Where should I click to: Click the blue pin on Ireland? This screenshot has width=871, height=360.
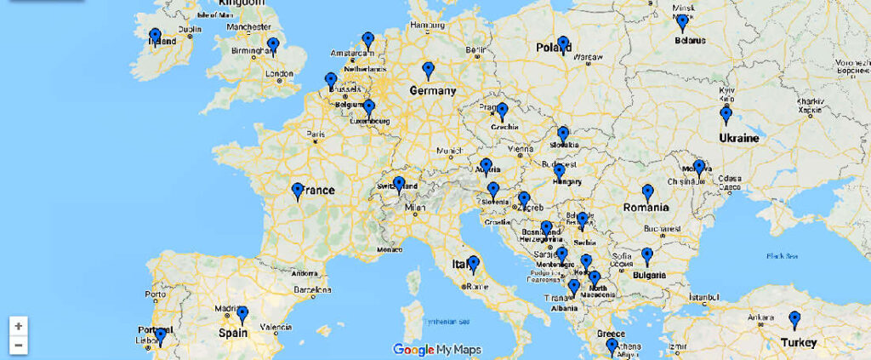point(155,37)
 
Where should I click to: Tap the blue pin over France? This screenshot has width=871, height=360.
point(297,191)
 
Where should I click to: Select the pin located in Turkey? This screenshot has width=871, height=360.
point(794,319)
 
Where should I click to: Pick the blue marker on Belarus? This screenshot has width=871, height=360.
point(682,22)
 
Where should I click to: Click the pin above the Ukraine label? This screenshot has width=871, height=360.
point(726,115)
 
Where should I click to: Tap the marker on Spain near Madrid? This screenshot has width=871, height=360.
point(242,314)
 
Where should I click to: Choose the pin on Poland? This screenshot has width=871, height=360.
point(562,43)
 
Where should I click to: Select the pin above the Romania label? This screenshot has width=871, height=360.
point(647,192)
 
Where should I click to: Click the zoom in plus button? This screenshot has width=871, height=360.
point(19,325)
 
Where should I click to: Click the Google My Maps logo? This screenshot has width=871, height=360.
point(436,349)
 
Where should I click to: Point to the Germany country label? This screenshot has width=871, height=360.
point(432,91)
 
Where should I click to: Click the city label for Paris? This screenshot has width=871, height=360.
point(316,134)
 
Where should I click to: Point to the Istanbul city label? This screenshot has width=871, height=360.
point(706,298)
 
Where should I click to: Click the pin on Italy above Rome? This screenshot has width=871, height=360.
point(474,264)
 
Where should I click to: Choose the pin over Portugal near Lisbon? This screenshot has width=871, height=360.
point(159,337)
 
